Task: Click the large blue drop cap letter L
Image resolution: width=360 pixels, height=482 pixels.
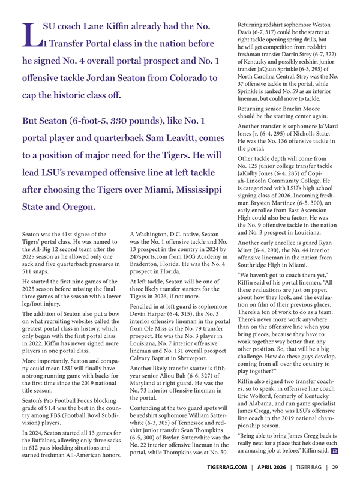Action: point(31,35)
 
